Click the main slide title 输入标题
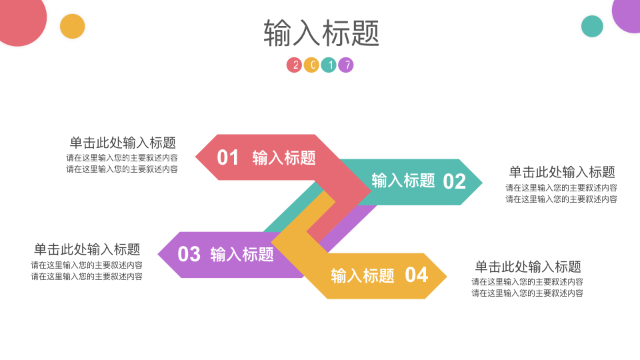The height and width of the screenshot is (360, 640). click(321, 33)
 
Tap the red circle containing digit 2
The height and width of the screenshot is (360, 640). click(294, 65)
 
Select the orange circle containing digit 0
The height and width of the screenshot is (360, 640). click(311, 65)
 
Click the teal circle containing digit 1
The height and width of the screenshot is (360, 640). click(329, 65)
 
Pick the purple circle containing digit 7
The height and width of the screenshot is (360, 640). click(346, 65)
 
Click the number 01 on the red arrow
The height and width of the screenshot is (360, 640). click(228, 157)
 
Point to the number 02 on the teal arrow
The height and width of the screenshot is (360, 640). click(454, 181)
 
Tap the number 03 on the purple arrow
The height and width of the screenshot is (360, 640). click(189, 254)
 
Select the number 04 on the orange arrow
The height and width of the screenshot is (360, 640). click(416, 275)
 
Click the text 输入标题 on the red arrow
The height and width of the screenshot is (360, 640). click(284, 158)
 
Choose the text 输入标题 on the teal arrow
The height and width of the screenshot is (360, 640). click(403, 181)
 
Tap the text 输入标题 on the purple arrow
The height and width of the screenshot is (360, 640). click(242, 255)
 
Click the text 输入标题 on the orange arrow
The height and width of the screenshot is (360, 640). click(363, 276)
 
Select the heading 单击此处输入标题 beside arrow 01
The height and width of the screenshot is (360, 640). click(123, 143)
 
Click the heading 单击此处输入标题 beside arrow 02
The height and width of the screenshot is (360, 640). click(562, 172)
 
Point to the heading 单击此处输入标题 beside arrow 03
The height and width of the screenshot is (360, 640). click(87, 249)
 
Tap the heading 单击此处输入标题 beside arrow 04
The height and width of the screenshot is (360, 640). click(528, 267)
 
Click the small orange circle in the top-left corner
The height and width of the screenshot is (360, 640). click(72, 27)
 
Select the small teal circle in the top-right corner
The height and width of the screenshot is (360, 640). click(592, 27)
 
